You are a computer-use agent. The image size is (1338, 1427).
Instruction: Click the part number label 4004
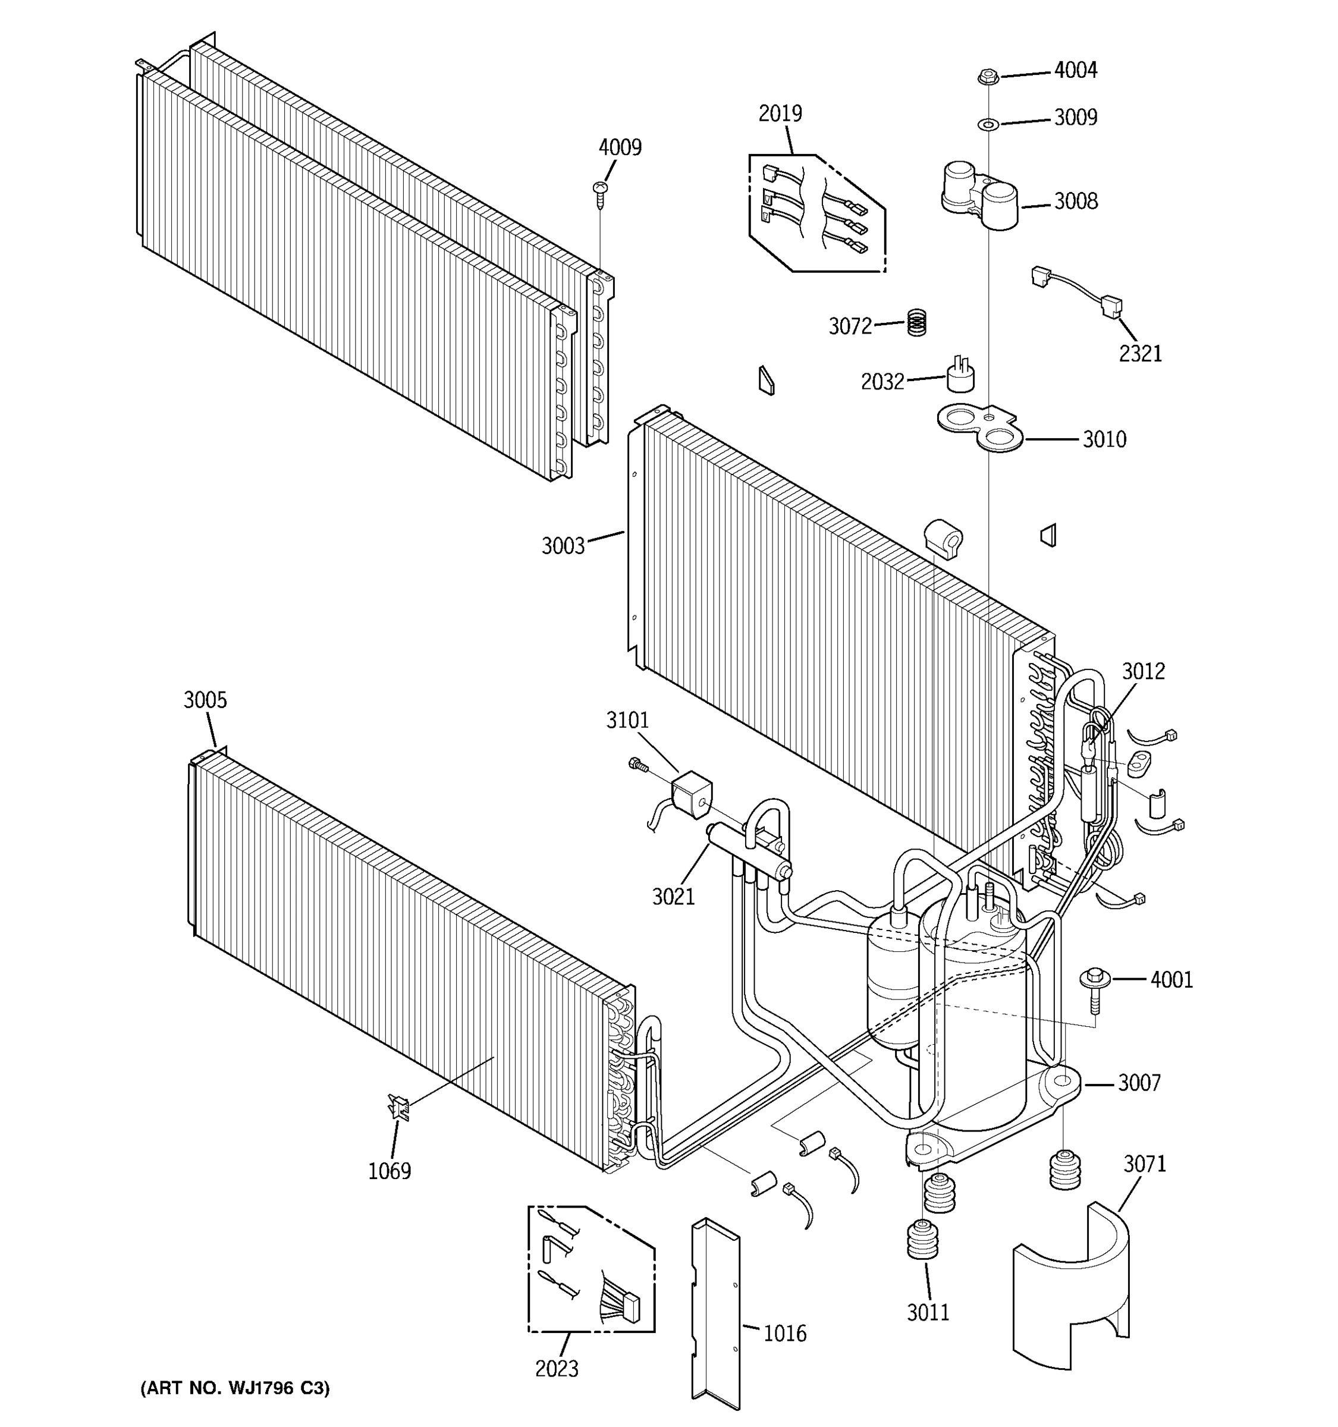tap(1075, 70)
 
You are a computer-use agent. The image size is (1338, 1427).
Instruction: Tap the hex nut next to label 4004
tap(988, 76)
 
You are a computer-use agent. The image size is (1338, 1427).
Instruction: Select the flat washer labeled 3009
tap(988, 125)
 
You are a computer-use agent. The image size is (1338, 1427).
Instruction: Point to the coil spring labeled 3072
tap(916, 322)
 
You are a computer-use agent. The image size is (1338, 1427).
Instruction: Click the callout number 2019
tap(780, 114)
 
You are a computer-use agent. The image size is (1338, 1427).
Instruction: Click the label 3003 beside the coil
tap(563, 546)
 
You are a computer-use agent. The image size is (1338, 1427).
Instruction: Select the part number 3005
tap(205, 700)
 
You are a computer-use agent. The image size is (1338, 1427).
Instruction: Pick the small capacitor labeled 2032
tap(960, 377)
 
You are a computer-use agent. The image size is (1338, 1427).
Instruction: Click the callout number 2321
tap(1140, 354)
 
